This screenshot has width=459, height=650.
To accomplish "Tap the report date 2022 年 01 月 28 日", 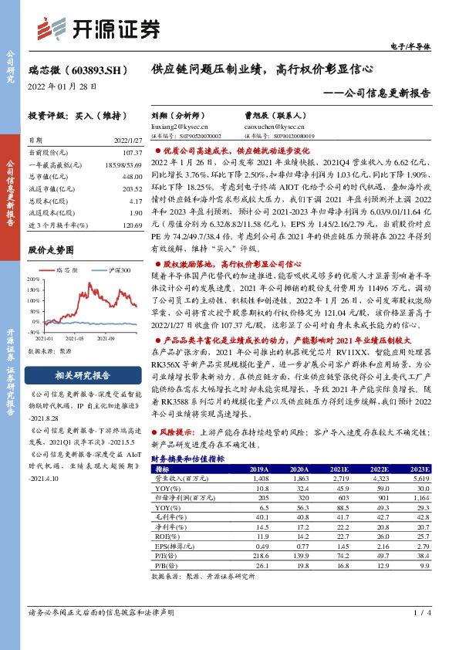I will click(x=61, y=86).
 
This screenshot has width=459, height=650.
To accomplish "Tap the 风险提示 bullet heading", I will click(x=177, y=435).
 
